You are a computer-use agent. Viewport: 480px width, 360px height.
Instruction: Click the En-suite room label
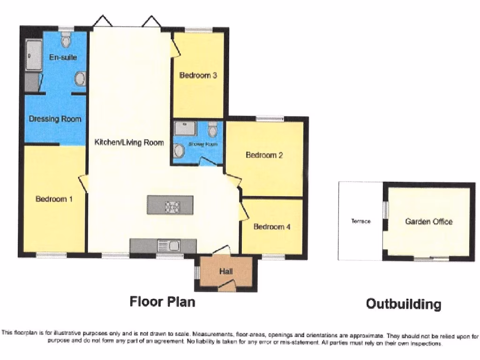[x=63, y=57]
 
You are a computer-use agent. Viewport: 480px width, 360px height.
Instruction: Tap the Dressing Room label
[x=55, y=119]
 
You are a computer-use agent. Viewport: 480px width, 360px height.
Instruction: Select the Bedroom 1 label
[x=54, y=199]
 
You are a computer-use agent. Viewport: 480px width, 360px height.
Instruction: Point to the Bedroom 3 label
[x=198, y=75]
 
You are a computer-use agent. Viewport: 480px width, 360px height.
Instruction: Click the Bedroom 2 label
[x=264, y=155]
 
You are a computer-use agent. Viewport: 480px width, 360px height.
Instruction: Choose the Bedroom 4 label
[x=272, y=227]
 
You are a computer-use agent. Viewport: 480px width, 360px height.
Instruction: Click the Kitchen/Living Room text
[x=129, y=142]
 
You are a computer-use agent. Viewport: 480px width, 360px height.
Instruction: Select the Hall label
[x=226, y=271]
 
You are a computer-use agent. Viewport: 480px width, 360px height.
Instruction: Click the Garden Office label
[x=429, y=221]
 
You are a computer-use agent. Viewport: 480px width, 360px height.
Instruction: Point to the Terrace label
[x=361, y=221]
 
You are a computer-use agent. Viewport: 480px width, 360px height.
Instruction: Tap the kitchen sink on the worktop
[x=169, y=245]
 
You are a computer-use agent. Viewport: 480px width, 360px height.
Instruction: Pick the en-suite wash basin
[x=80, y=79]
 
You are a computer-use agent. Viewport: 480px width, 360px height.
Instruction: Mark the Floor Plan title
[x=162, y=301]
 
